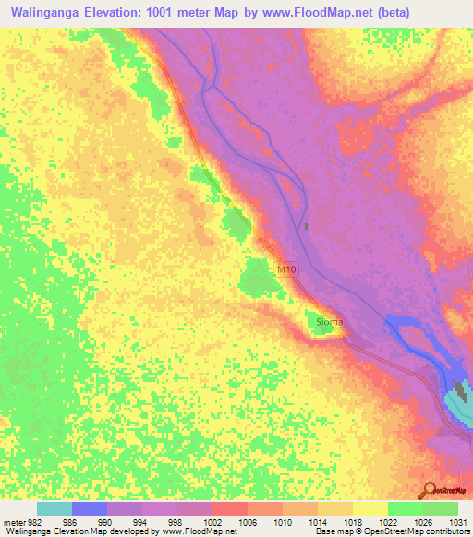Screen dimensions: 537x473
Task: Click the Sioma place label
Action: (x=330, y=322)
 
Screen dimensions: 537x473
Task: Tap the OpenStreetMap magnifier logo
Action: (x=429, y=490)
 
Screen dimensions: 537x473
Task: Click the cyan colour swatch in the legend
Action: (x=55, y=508)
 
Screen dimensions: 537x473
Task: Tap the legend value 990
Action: (x=107, y=522)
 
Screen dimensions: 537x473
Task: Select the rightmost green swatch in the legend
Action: (x=441, y=508)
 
